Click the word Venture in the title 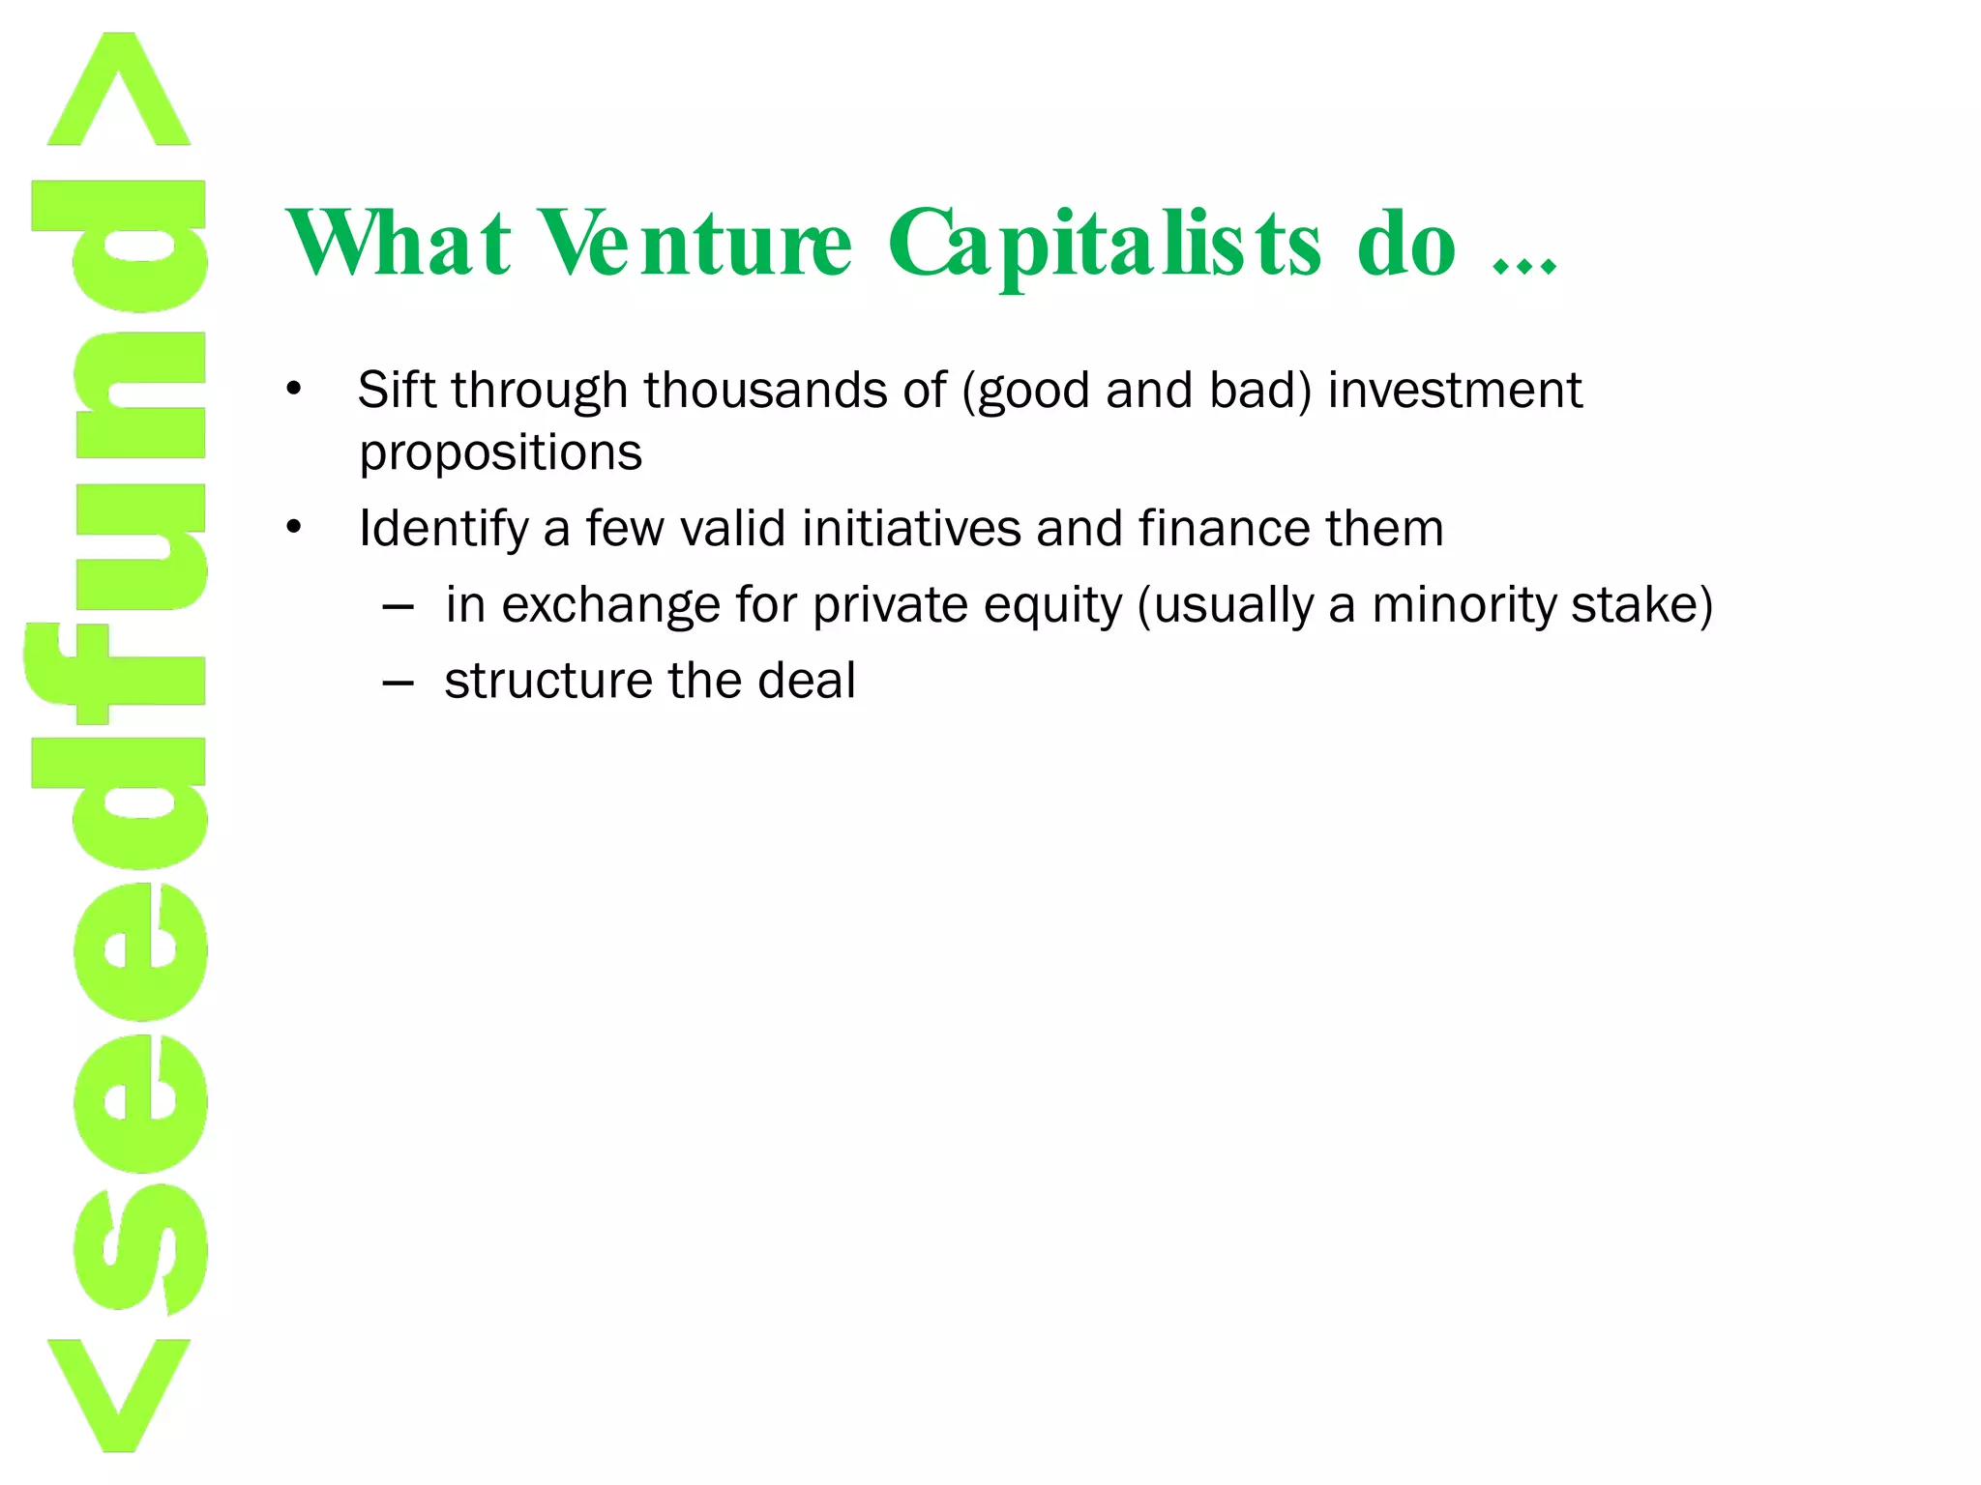tap(695, 243)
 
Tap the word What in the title tap(398, 243)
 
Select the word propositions tap(500, 453)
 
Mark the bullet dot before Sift tap(294, 391)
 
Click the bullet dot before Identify tap(294, 529)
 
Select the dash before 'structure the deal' tap(399, 683)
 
